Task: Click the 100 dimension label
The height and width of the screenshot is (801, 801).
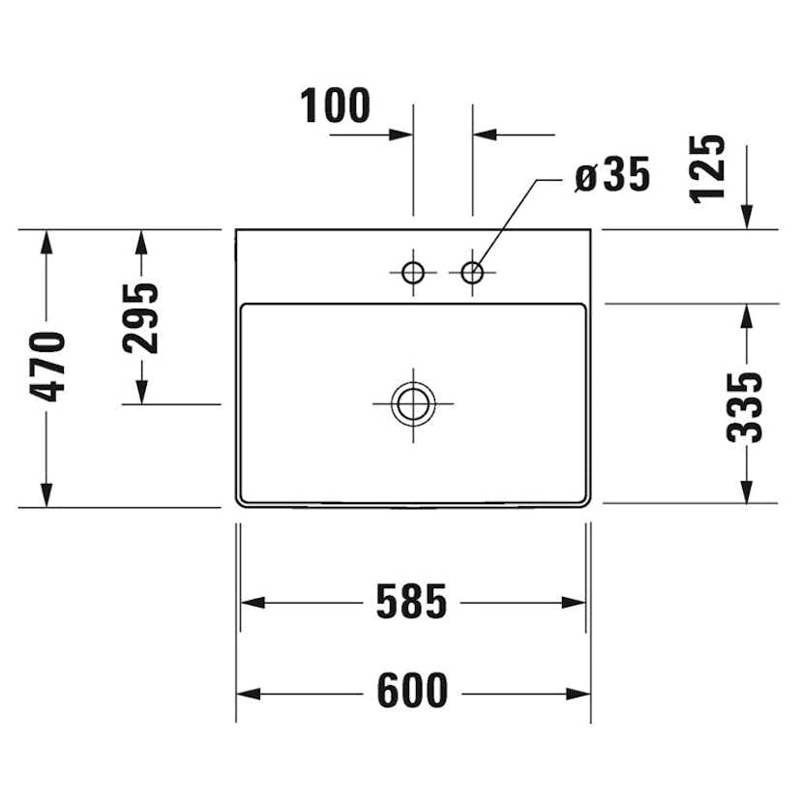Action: click(336, 105)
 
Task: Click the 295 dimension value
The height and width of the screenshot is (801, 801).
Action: click(140, 317)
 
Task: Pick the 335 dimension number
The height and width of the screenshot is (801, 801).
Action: click(745, 406)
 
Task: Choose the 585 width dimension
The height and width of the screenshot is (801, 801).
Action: click(412, 603)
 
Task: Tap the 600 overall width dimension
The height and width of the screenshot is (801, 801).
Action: click(412, 692)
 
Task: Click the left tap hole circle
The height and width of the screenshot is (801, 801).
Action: click(413, 273)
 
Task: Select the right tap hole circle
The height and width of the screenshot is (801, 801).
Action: click(472, 273)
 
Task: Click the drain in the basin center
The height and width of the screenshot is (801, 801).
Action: click(413, 402)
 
